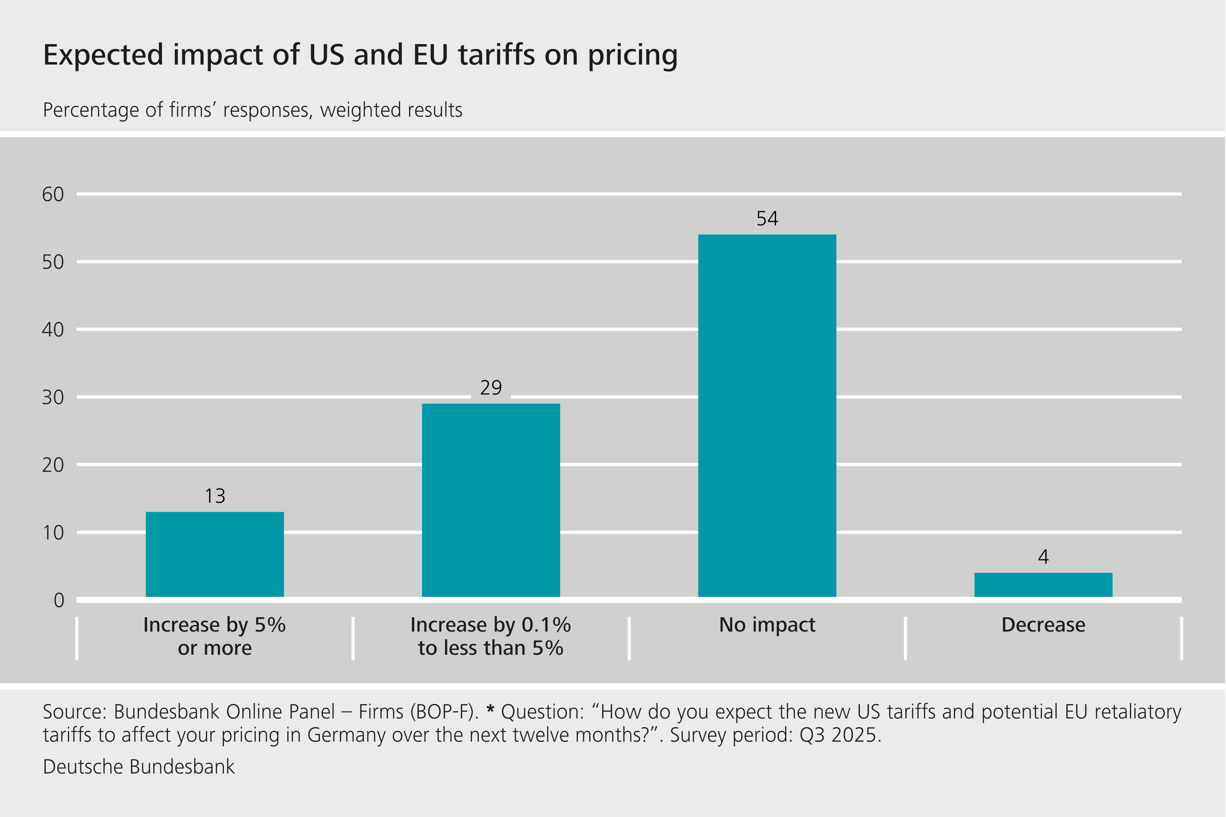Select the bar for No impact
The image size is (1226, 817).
(x=767, y=415)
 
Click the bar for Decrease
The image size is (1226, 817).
(x=1043, y=585)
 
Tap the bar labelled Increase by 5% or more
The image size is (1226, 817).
(x=215, y=554)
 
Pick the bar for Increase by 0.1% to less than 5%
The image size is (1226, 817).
(x=490, y=500)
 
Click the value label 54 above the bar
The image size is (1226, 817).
(x=767, y=218)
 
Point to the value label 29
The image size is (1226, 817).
(x=490, y=388)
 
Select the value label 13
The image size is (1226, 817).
(x=215, y=496)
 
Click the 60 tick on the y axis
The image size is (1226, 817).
(x=53, y=194)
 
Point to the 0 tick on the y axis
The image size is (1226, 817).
(x=59, y=600)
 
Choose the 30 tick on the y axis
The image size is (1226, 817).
(x=53, y=397)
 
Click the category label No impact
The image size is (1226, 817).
(x=767, y=625)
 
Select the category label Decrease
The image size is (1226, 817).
(x=1043, y=625)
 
